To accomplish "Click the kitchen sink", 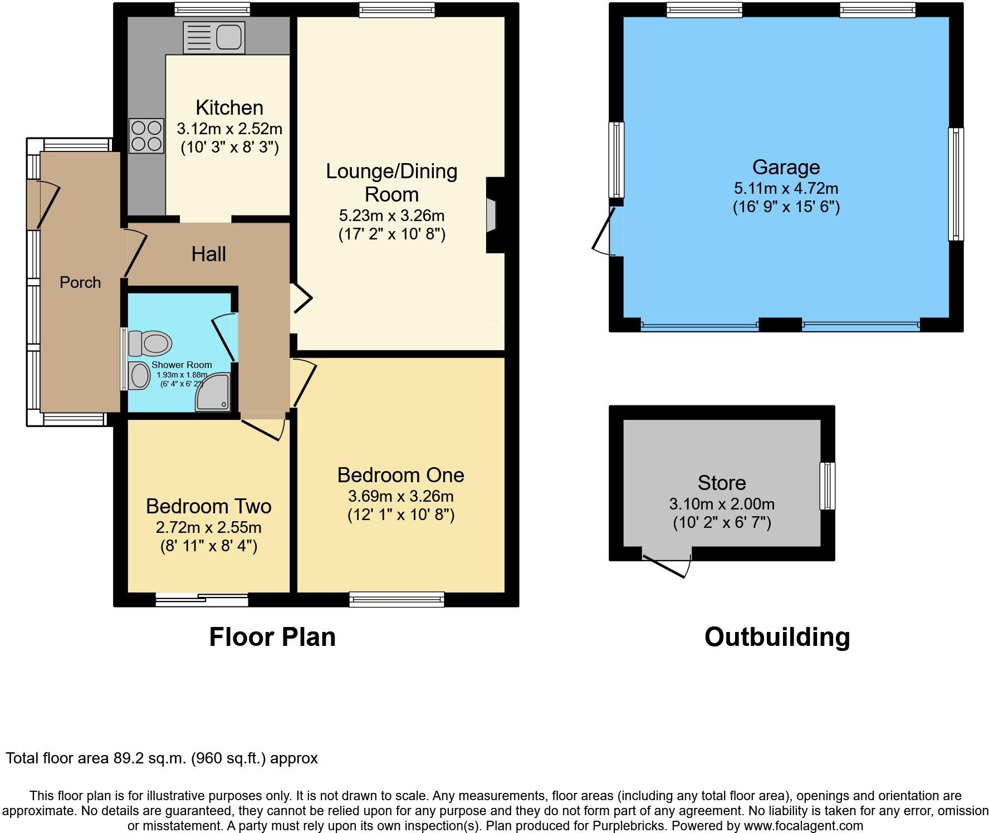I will click(x=214, y=37).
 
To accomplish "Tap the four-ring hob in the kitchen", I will click(x=146, y=136).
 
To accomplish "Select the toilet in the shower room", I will click(x=149, y=343).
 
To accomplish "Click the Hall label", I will click(x=209, y=254).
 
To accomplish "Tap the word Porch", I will click(x=80, y=282).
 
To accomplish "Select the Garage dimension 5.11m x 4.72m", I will click(x=786, y=188).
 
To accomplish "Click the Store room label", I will click(x=722, y=483).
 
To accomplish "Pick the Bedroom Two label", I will click(x=209, y=506).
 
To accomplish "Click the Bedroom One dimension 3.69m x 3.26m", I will click(x=400, y=496).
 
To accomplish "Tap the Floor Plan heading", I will click(x=272, y=636).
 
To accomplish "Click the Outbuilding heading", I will click(x=777, y=636).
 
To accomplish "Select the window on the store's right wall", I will click(x=828, y=486).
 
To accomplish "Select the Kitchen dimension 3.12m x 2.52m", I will click(x=229, y=129).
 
